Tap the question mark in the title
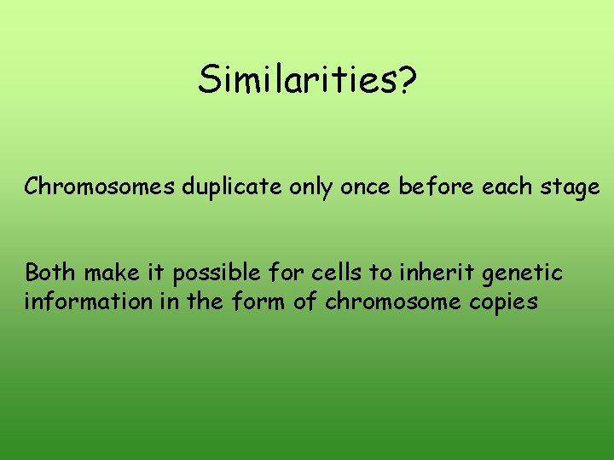coord(406,80)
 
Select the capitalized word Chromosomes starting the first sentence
coord(101,187)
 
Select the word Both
coord(50,273)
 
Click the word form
coord(258,302)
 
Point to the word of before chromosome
coord(302,302)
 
